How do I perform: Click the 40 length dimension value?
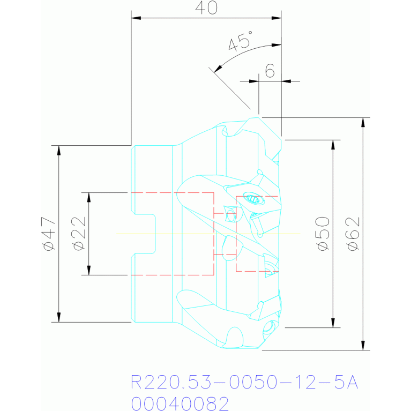[206, 8]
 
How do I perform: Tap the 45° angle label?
[241, 41]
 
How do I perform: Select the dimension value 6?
[270, 71]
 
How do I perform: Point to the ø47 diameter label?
[49, 234]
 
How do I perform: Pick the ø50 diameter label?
[323, 234]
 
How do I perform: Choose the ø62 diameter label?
[353, 234]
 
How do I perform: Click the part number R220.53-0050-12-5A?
[244, 382]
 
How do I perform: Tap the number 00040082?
[180, 403]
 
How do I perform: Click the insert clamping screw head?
[254, 199]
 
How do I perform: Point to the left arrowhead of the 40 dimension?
[136, 18]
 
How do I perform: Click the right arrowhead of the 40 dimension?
[277, 18]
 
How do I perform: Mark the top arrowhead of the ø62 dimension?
[363, 122]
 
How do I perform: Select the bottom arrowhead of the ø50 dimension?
[333, 323]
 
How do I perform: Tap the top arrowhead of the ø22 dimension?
[89, 197]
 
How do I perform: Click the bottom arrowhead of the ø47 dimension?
[59, 317]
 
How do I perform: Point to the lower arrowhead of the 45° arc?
[218, 69]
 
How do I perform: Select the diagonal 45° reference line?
[230, 88]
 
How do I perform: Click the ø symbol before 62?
[353, 246]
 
